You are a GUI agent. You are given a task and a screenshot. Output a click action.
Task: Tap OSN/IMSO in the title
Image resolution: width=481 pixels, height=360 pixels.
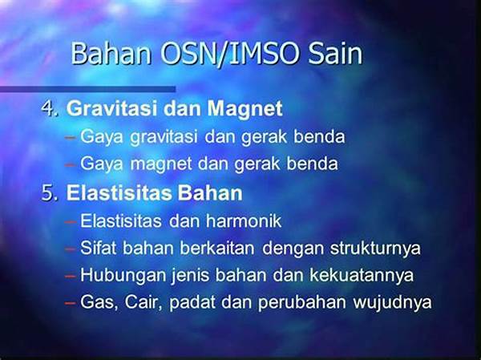[229, 54]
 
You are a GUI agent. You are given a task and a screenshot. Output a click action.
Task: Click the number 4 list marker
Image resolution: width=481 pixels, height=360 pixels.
[50, 108]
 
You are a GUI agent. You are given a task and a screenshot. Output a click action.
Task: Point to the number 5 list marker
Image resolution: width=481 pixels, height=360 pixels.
[50, 193]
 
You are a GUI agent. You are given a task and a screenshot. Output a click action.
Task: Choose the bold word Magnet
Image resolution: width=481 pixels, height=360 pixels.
[245, 109]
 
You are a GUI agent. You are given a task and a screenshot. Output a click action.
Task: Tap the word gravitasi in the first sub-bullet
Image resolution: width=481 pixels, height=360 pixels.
[164, 137]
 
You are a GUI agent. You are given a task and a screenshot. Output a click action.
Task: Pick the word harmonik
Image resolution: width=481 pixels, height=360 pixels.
[244, 220]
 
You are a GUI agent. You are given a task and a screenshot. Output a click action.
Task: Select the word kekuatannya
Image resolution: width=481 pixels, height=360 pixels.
[362, 275]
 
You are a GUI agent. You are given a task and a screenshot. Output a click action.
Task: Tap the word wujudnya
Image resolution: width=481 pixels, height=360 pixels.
[392, 302]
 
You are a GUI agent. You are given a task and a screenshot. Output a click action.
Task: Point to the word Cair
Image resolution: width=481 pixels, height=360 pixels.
[143, 301]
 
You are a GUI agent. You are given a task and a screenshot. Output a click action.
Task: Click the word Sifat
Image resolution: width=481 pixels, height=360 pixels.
[98, 248]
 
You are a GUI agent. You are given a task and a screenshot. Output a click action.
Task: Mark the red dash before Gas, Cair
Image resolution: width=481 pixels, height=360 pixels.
[71, 303]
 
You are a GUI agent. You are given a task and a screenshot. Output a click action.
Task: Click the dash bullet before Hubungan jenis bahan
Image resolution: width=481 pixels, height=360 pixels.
[71, 277]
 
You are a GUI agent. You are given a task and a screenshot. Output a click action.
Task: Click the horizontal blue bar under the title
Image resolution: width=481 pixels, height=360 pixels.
[87, 89]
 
